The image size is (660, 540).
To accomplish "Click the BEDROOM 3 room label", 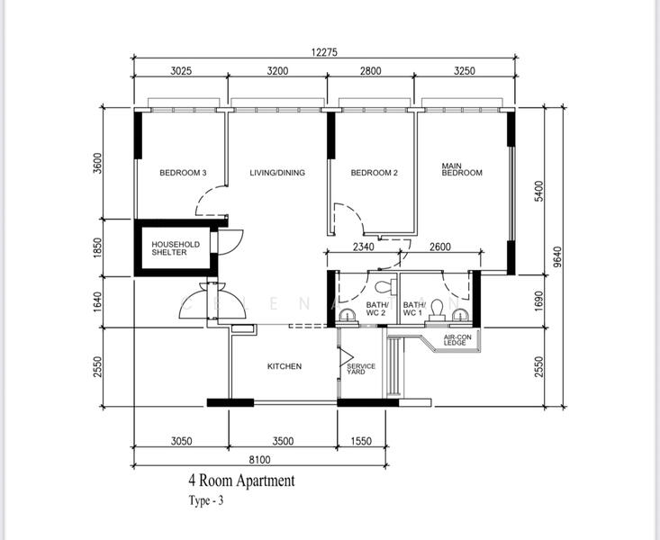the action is point(183,173).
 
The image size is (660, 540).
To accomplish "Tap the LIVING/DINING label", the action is point(277,173).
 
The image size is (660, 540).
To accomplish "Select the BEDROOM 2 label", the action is point(375,173).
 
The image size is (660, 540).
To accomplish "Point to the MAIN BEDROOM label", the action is point(462,169).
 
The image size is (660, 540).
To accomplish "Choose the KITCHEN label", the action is point(285,366).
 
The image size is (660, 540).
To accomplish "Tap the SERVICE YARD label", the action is point(361,369).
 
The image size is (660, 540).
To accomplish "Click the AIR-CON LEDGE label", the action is point(457,340).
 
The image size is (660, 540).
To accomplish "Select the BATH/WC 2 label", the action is point(375,309).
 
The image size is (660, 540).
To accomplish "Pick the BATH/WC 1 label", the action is point(414,309).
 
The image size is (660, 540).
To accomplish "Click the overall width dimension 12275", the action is point(324,52).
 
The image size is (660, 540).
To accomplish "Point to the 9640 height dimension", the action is point(557,256).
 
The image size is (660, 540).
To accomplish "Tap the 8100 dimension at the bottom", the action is point(259,460).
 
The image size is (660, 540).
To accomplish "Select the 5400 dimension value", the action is point(538,191).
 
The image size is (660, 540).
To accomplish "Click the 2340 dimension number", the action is point(363,247).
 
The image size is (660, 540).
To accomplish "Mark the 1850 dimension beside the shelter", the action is point(97,247).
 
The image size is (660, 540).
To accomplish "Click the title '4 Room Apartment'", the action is point(241,481).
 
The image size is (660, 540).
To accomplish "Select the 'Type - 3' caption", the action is point(206,500).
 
